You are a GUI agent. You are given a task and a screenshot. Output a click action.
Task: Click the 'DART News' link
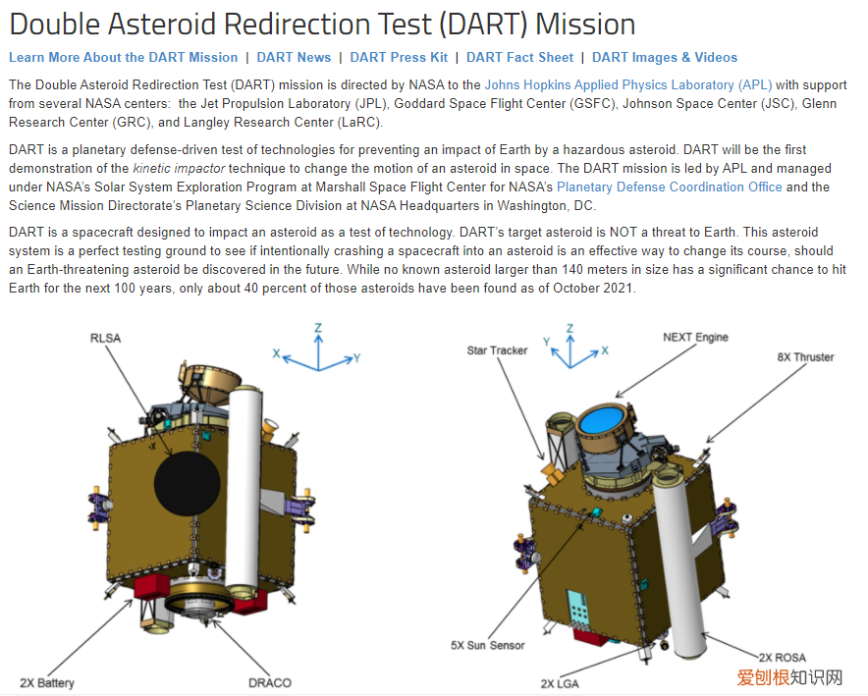pos(294,58)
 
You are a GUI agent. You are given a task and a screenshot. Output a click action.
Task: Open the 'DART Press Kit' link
pos(399,58)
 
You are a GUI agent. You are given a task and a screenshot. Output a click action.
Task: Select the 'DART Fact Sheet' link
pos(519,58)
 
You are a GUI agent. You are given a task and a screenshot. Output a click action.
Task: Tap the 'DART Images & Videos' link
pos(665,58)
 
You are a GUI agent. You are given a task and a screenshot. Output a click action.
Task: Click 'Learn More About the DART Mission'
pos(123,58)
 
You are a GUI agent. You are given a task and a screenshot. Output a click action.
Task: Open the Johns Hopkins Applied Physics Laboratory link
pos(628,85)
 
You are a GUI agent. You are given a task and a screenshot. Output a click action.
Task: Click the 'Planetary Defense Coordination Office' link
pos(670,187)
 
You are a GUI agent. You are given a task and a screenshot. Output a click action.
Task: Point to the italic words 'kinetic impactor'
pos(179,168)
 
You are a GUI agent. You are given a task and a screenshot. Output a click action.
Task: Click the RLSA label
pos(105,338)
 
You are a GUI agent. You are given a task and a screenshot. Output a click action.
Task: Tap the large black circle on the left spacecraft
pos(188,484)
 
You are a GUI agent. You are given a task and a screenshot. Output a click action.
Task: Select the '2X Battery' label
pos(46,682)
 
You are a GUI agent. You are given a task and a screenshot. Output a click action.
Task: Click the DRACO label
pos(270,682)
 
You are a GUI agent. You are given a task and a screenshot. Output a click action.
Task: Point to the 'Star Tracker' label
pos(497,350)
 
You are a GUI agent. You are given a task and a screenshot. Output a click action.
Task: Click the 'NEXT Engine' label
pos(695,338)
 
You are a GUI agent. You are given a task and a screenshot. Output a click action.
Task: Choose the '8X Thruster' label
pos(805,357)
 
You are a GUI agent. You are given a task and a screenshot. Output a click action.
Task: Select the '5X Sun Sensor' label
pos(488,645)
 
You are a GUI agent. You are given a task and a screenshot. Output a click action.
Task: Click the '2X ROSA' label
pos(783,658)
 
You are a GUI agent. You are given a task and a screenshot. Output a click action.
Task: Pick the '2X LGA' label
pos(560,684)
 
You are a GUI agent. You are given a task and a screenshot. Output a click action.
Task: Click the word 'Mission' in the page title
pos(585,25)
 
